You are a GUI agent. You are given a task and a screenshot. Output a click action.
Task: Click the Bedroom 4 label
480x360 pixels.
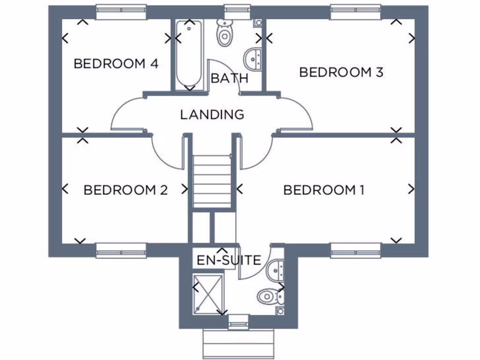pos(116,63)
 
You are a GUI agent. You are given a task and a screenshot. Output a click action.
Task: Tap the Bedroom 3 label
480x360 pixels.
pos(341,72)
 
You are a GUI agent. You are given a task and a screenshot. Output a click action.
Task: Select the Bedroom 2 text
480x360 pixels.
pos(125,190)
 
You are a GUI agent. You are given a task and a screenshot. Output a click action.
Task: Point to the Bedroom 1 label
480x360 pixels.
pos(324,190)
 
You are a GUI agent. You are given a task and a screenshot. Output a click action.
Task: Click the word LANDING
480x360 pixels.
pos(212,114)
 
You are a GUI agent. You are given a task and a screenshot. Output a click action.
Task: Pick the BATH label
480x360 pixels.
pos(229,78)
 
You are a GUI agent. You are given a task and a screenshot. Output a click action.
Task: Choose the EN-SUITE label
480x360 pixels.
pos(228,260)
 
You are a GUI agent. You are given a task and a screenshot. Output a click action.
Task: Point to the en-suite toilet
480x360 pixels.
pos(269,296)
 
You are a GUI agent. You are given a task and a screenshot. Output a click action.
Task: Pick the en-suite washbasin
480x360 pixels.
pos(277,269)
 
